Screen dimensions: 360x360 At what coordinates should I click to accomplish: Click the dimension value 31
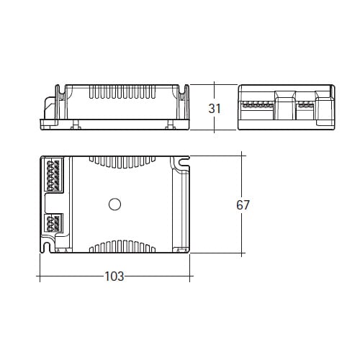215,109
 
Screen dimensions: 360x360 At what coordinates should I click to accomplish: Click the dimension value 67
243,205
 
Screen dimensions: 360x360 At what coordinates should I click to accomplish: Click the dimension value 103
114,276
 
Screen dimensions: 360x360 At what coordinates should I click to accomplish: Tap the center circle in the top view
114,204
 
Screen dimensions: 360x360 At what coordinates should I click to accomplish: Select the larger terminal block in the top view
53,174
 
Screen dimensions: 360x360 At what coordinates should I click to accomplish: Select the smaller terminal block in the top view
54,223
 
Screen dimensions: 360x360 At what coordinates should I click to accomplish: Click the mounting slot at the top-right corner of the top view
184,163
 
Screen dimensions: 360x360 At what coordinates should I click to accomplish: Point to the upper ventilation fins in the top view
122,162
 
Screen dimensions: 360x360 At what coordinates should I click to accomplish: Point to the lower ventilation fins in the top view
122,246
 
